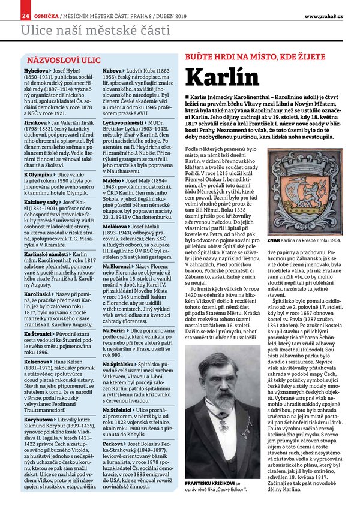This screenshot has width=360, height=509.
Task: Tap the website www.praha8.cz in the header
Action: pos(323,15)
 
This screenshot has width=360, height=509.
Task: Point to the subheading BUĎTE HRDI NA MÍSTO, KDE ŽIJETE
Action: pos(250,56)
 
